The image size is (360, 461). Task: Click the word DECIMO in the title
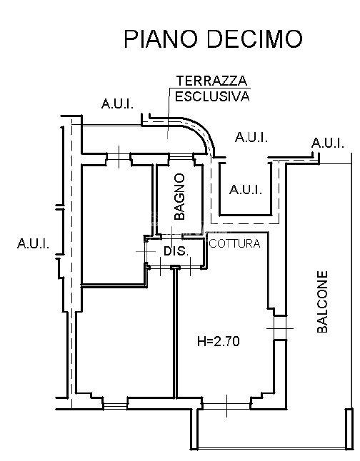point(254,39)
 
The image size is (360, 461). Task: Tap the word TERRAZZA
point(211,81)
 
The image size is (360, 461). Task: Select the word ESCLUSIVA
point(212,96)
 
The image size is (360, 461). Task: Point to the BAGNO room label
point(179,196)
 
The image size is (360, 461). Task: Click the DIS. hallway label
point(176,251)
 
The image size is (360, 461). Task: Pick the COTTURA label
point(234,243)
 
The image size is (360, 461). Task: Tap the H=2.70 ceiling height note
point(218,341)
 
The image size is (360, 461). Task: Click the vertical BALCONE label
point(322,302)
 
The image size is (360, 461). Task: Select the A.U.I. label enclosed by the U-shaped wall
point(246,190)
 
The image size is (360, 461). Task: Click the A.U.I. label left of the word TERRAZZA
point(117,103)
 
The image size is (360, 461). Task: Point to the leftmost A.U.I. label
point(34,243)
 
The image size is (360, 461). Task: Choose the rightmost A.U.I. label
point(328,143)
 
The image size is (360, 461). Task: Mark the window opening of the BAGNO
point(181,156)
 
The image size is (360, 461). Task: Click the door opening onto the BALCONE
point(280,328)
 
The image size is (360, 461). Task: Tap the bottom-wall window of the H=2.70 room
point(226,406)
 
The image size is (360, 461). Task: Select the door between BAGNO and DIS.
point(172,236)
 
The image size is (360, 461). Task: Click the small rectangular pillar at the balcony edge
point(349,429)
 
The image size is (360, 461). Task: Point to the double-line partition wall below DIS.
point(175,333)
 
